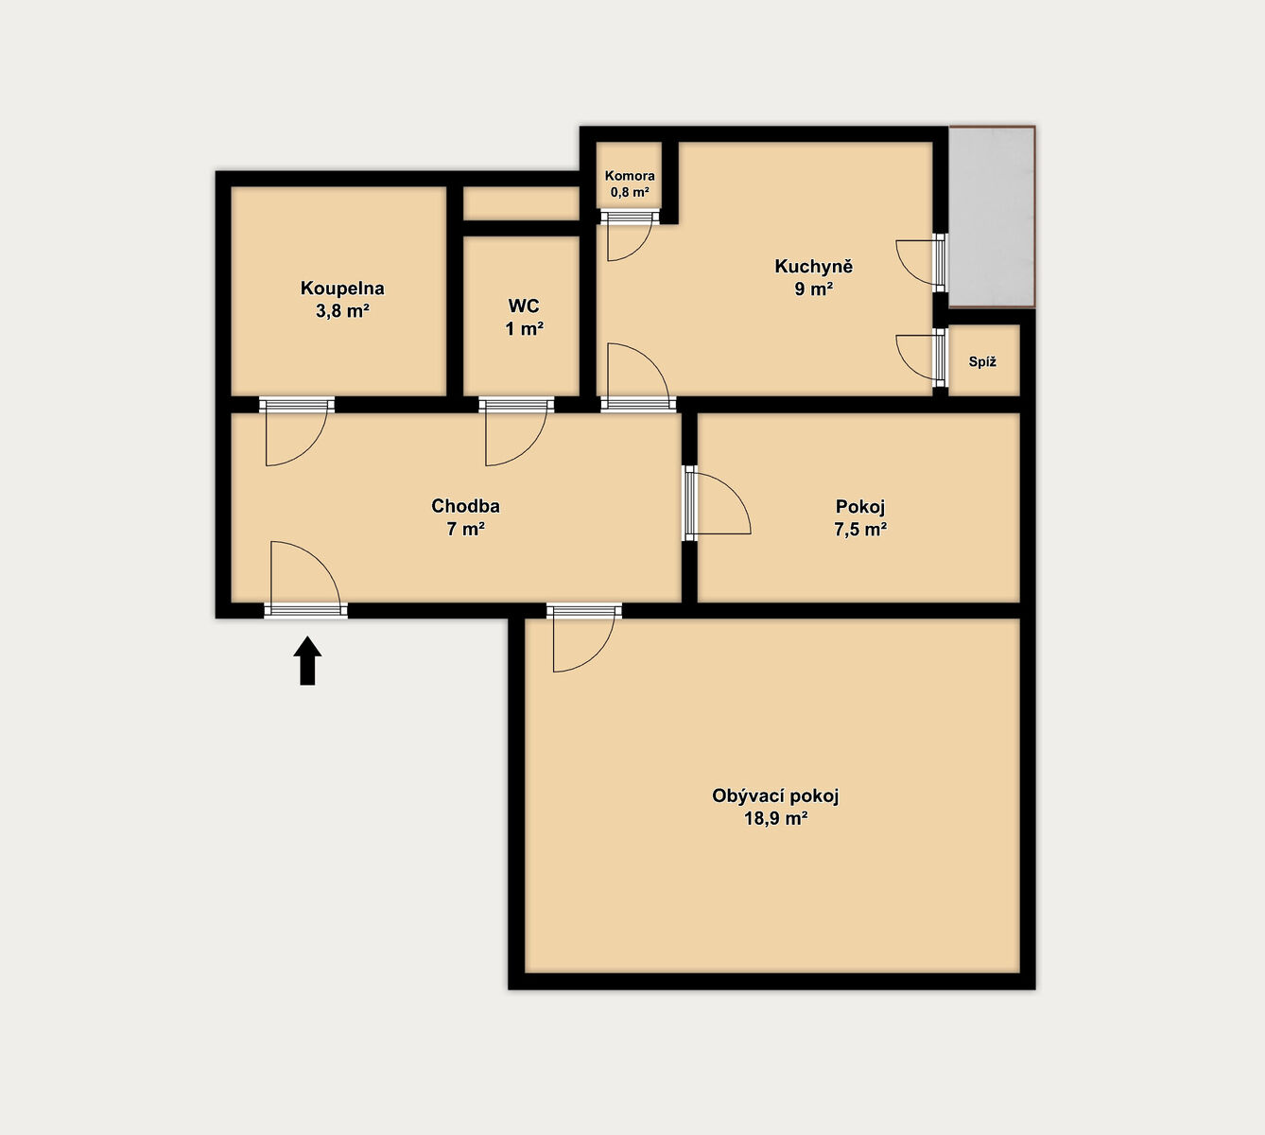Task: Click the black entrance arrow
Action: [307, 660]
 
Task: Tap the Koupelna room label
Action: [342, 288]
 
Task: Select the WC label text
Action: [524, 306]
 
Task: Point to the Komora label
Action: [630, 176]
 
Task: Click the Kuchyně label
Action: [814, 266]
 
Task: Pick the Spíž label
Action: [982, 361]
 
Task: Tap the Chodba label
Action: [465, 505]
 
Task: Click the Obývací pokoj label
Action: [775, 795]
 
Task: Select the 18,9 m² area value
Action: [775, 818]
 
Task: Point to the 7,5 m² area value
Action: [860, 529]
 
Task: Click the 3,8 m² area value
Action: [342, 310]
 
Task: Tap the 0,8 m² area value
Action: [630, 192]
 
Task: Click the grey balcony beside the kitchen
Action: [992, 217]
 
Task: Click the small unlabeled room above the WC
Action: [521, 203]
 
